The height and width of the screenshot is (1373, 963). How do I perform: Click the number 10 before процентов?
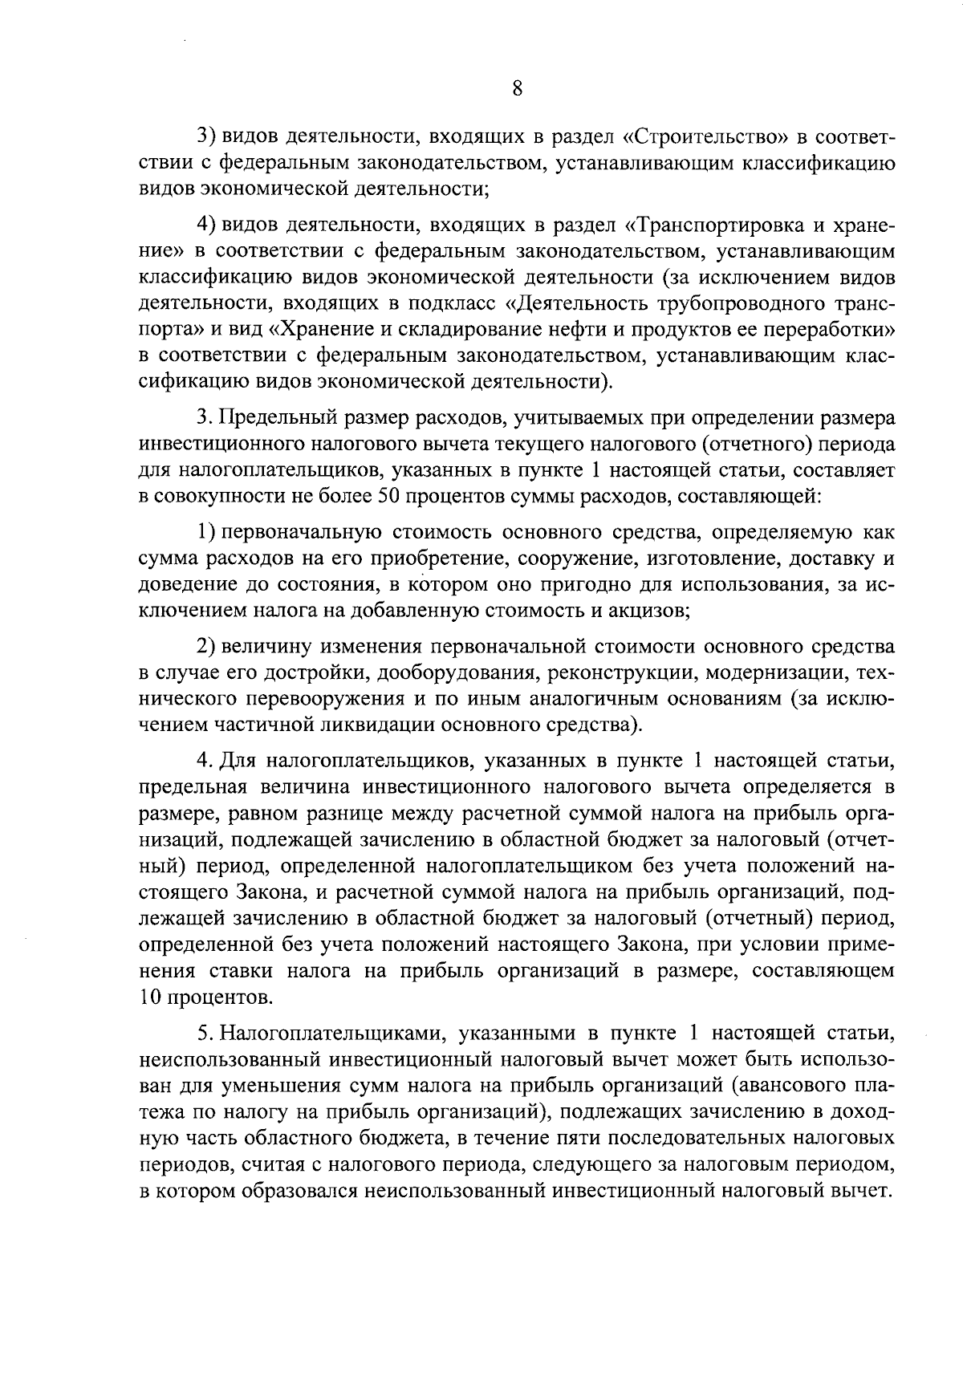[x=150, y=998]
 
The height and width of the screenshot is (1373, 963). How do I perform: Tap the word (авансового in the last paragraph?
[x=788, y=1087]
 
